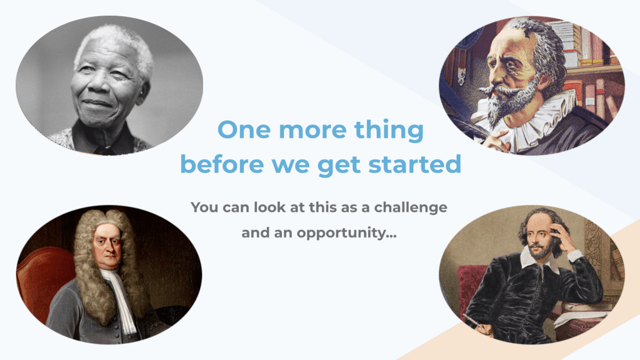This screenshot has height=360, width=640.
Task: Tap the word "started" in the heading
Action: pos(415,164)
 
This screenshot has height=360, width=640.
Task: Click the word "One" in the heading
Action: pos(244,130)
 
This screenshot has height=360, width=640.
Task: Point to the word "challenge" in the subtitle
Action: pos(411,207)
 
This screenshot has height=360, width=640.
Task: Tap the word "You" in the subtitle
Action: pos(204,207)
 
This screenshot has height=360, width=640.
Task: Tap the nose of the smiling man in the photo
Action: pos(99,83)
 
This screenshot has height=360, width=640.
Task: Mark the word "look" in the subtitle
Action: pos(270,207)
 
